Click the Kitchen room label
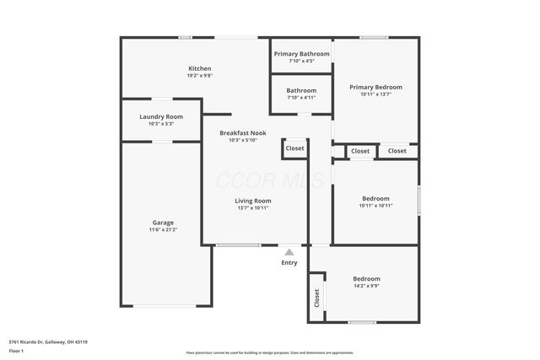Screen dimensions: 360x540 pos(200,68)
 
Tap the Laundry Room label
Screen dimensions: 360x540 pos(160,116)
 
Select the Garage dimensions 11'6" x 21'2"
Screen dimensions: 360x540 pos(164,229)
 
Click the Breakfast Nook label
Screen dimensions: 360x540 pos(243,133)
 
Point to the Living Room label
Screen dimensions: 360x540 pos(252,201)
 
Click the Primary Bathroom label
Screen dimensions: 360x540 pos(301,54)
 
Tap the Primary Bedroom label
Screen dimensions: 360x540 pos(375,87)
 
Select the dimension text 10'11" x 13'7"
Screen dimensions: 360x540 pos(375,94)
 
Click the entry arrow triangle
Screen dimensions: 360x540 pos(289,251)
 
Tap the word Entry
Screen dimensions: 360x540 pos(289,263)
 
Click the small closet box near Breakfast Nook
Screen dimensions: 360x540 pos(294,148)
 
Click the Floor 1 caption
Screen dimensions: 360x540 pos(18,350)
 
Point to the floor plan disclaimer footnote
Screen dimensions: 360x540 pos(270,352)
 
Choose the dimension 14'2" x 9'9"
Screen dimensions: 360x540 pos(366,286)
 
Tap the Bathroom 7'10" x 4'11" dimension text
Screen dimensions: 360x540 pos(301,98)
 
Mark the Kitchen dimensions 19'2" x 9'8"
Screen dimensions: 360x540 pos(200,76)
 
